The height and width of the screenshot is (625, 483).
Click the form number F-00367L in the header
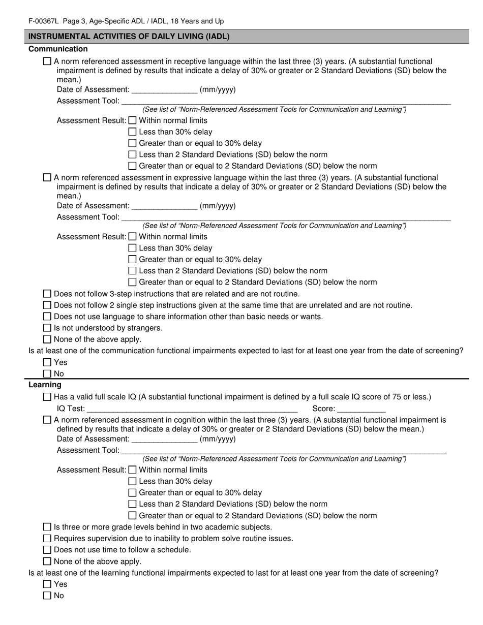(x=44, y=21)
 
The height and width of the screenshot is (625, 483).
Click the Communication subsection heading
(x=58, y=49)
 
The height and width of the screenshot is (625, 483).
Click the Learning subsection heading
(x=45, y=385)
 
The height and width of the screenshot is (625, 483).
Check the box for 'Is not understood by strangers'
(x=47, y=328)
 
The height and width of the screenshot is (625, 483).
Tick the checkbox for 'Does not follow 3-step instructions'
(x=47, y=294)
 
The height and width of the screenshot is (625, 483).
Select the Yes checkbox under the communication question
(x=47, y=362)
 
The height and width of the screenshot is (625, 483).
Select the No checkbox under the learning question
(x=47, y=596)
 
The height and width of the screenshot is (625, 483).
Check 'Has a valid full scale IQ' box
(x=47, y=397)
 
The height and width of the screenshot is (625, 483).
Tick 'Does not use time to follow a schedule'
(x=47, y=550)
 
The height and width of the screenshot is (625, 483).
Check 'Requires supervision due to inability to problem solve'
(x=47, y=538)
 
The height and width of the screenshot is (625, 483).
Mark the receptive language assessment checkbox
(x=47, y=61)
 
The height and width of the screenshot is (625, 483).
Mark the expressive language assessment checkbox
(x=47, y=177)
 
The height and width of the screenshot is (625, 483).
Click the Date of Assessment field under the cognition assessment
(x=164, y=439)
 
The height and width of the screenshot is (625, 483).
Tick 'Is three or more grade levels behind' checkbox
(x=47, y=527)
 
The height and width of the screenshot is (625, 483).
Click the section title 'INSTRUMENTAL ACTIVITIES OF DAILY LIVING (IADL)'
(x=129, y=37)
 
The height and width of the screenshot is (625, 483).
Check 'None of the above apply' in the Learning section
(x=47, y=561)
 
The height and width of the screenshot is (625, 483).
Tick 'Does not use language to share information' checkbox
(x=47, y=317)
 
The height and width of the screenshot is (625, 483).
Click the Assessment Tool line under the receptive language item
(x=285, y=101)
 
